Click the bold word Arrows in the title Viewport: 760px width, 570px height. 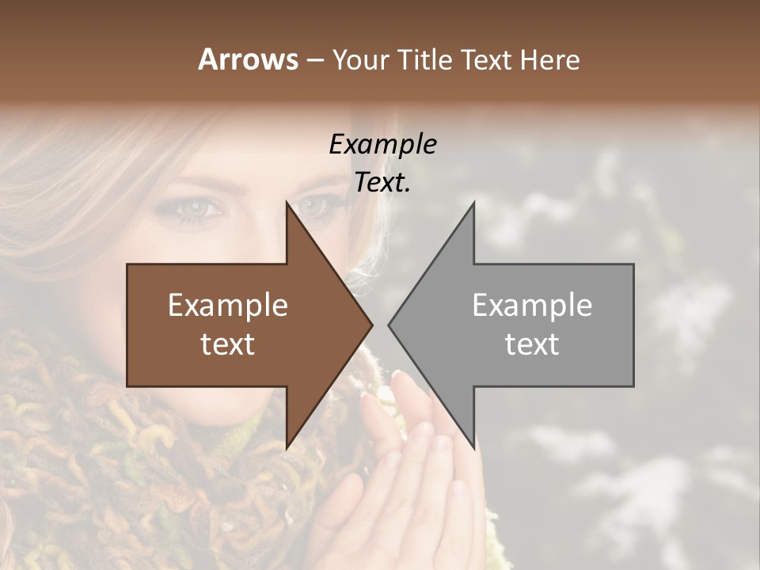click(x=248, y=59)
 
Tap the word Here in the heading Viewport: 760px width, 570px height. click(x=549, y=59)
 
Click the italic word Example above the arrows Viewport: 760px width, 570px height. click(x=382, y=144)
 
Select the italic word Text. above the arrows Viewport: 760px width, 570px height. click(x=382, y=182)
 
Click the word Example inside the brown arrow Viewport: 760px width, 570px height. click(x=228, y=306)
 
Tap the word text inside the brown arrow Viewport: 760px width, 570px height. click(x=228, y=344)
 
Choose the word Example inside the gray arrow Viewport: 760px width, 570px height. click(x=532, y=306)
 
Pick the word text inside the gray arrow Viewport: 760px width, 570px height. click(x=532, y=344)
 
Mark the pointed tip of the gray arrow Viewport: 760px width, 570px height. click(x=389, y=325)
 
